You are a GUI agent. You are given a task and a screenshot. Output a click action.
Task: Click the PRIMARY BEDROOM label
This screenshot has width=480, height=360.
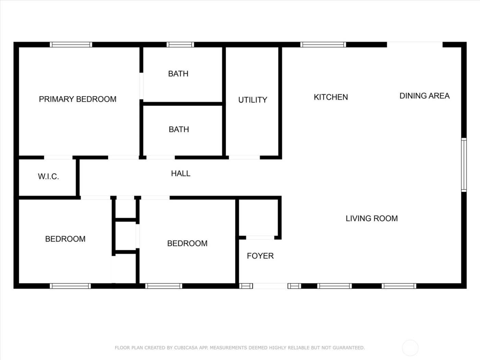(x=77, y=99)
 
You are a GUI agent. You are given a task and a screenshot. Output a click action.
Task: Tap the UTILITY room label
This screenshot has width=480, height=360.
(x=253, y=100)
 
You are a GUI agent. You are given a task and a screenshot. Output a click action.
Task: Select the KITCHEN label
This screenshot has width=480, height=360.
(x=331, y=97)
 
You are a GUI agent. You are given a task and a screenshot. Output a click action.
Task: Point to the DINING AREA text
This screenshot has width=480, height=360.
(x=424, y=96)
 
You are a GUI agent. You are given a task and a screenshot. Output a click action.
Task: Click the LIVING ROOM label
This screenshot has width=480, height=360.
(x=372, y=218)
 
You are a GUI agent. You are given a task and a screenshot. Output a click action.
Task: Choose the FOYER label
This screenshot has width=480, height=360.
(x=260, y=256)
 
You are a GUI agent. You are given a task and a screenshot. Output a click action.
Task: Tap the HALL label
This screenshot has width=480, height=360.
(x=181, y=173)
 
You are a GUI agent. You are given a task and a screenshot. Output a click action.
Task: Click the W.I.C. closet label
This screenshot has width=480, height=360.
(x=48, y=177)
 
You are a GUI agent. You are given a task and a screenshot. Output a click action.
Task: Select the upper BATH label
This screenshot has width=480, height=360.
(x=178, y=74)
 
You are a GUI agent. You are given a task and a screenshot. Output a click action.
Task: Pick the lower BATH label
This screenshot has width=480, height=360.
(x=179, y=130)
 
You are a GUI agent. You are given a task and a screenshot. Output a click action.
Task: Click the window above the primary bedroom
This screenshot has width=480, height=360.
(x=71, y=45)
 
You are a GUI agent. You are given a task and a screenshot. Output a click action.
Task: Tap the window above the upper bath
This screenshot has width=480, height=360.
(x=180, y=45)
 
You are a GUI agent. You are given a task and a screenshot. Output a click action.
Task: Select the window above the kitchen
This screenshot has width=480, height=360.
(x=323, y=45)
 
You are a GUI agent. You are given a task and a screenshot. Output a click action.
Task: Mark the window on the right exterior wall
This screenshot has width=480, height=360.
(x=464, y=165)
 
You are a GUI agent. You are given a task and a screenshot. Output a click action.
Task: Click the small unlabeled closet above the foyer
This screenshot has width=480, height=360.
(x=259, y=218)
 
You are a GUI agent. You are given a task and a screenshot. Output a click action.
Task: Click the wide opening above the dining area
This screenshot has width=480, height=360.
(x=415, y=45)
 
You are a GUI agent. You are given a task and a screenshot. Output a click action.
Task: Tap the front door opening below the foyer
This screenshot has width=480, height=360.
(x=270, y=286)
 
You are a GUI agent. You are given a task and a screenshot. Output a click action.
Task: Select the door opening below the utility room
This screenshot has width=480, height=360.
(x=244, y=158)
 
